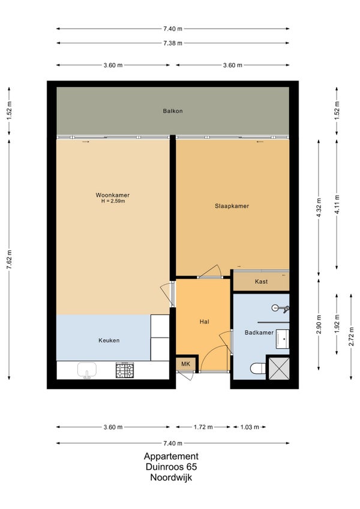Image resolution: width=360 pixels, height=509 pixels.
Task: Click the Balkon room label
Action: click(173, 111)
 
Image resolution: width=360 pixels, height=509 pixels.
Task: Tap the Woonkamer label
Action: click(112, 195)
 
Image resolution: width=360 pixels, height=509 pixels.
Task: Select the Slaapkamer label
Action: click(232, 206)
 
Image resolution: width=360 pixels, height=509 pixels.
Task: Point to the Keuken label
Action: click(109, 340)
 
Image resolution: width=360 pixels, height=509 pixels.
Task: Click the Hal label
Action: click(204, 322)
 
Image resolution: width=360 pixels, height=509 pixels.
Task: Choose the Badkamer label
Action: click(259, 333)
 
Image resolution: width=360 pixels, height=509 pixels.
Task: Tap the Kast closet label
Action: click(262, 282)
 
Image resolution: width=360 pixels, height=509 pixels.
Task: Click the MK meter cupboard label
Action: click(185, 364)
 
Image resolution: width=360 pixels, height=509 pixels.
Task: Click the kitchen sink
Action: click(87, 370)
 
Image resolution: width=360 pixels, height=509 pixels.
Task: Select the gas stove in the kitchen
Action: click(125, 370)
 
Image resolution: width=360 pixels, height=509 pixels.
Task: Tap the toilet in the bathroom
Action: click(258, 369)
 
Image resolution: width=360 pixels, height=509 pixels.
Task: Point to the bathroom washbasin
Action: click(282, 339)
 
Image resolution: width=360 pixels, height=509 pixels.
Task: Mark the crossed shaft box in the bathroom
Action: click(279, 369)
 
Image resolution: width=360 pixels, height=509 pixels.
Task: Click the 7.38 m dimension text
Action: click(173, 43)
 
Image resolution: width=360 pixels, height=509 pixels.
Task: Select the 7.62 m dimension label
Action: click(10, 259)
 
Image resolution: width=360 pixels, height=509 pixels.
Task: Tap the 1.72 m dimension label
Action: click(203, 427)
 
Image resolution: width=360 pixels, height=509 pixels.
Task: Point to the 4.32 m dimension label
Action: click(319, 208)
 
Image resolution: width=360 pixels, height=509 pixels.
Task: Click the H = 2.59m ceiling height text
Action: click(113, 201)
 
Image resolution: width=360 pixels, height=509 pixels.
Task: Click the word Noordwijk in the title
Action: click(171, 478)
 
